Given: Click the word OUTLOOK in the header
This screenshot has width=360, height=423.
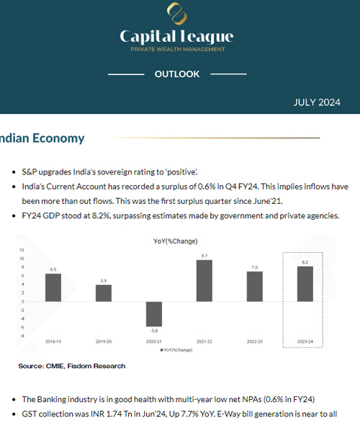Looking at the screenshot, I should (176, 74).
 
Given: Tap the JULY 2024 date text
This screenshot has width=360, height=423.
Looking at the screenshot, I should (317, 102).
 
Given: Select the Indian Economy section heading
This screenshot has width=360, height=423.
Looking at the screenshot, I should (43, 138).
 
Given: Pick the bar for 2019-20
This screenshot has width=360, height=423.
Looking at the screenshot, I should (104, 293).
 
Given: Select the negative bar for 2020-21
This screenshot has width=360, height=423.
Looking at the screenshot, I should (153, 314).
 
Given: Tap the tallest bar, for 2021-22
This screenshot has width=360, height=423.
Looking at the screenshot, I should (204, 280).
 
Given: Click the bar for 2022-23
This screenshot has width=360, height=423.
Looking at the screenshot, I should (254, 287).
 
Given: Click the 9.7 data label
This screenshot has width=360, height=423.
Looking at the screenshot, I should (204, 256).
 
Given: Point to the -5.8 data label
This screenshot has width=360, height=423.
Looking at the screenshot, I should (153, 331).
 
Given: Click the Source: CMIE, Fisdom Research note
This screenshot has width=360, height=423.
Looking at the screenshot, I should (72, 366).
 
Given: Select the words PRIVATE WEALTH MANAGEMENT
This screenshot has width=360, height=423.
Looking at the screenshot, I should (176, 49).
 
